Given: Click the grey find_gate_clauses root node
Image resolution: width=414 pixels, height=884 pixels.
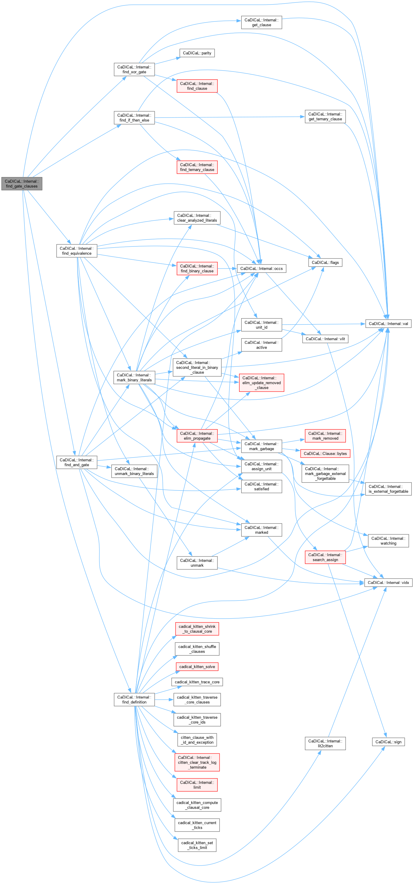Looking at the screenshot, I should coord(22,184).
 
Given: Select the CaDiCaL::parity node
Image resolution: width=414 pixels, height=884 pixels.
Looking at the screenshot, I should coord(197,53).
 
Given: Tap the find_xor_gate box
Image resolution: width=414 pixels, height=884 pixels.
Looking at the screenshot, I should coord(134,69).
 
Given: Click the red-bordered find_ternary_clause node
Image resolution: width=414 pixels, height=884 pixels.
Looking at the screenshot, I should coord(197,167).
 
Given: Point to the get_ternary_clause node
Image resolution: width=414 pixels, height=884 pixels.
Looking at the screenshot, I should coord(325,116).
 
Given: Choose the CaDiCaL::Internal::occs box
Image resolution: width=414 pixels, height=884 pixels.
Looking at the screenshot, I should coord(261,268).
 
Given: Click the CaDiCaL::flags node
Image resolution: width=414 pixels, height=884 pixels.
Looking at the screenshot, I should coord(325,262).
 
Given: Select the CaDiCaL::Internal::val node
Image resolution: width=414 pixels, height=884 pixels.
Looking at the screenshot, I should coord(388,324).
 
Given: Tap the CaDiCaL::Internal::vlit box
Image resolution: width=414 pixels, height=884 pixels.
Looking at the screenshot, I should coord(325,339).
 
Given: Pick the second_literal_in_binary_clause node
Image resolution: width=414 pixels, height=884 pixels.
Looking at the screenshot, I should coord(197,367).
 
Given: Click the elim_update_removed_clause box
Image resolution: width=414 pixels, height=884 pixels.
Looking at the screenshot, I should coord(261,383).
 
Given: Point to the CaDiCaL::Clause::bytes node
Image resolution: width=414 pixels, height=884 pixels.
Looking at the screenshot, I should coord(325,453).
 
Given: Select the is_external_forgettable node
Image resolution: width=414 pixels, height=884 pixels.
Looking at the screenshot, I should coord(388,489).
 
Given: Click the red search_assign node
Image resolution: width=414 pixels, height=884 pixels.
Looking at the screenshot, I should coord(325,557).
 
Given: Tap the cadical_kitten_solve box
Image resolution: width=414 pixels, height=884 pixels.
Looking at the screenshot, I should coord(197,667).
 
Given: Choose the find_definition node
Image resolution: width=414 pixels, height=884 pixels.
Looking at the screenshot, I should coord(134,699).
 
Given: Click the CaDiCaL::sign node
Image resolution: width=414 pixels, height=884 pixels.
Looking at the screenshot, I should coord(388,742).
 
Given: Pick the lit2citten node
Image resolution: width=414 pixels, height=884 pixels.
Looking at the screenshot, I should coord(325,743).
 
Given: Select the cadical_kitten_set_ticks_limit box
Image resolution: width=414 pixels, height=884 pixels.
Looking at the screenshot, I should coord(197,845).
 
